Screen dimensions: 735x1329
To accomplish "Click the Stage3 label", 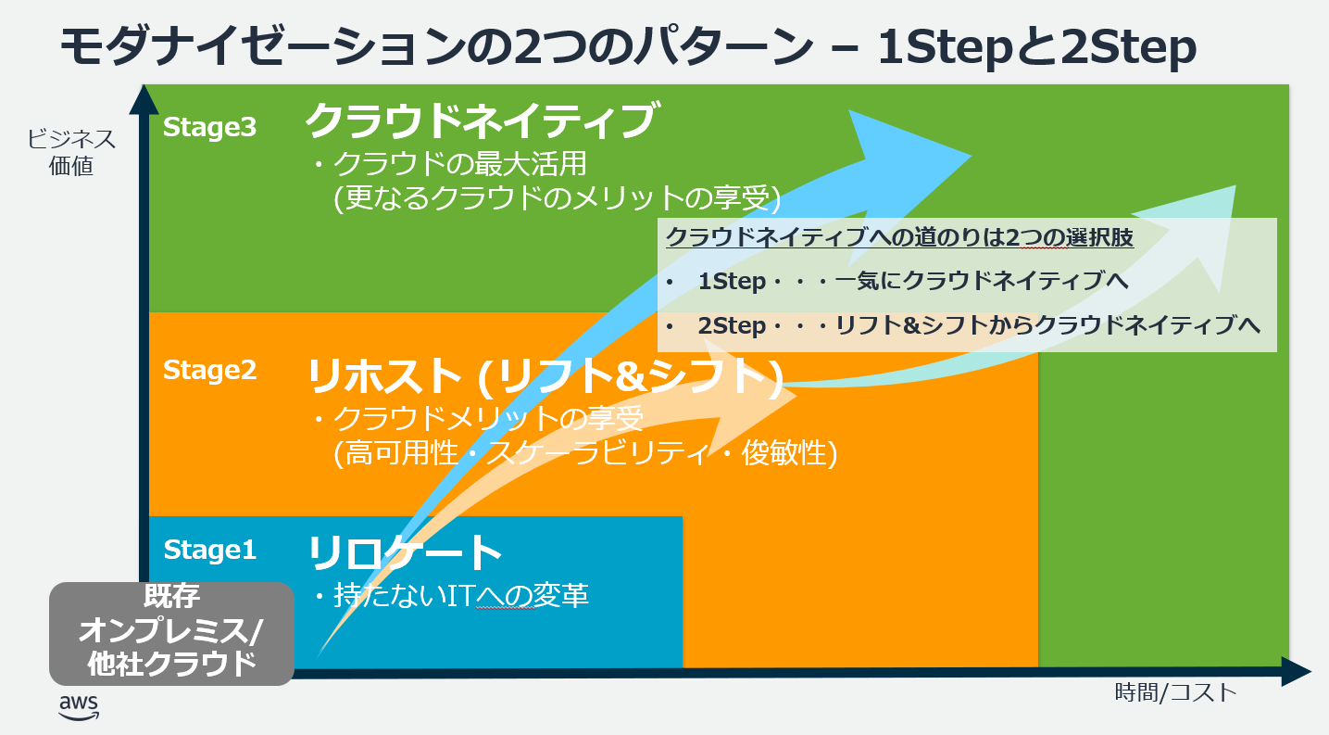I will point(209,127).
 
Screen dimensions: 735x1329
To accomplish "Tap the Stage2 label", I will point(209,370).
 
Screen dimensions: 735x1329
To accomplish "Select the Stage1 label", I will point(209,550).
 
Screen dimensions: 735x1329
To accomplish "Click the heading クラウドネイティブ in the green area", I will point(481,120).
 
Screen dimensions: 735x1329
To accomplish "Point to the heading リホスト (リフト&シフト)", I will point(545,374).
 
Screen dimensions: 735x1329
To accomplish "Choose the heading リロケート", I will point(405,552).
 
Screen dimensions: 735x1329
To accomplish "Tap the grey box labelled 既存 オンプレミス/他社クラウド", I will point(171,633).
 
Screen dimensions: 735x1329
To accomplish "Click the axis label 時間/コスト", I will point(1175,692).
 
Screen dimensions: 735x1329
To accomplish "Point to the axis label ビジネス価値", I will point(71,153).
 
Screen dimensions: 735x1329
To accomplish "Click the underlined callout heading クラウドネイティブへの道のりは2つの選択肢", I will point(899,237).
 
